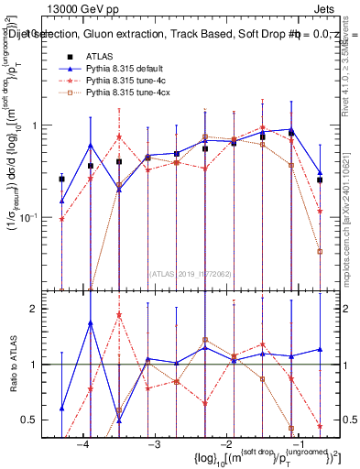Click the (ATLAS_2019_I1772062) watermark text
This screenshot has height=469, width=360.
click(191, 273)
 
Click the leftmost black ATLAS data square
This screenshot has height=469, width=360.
click(61, 179)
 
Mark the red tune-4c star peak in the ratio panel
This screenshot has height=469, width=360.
click(119, 315)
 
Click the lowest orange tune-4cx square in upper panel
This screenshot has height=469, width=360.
click(320, 251)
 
